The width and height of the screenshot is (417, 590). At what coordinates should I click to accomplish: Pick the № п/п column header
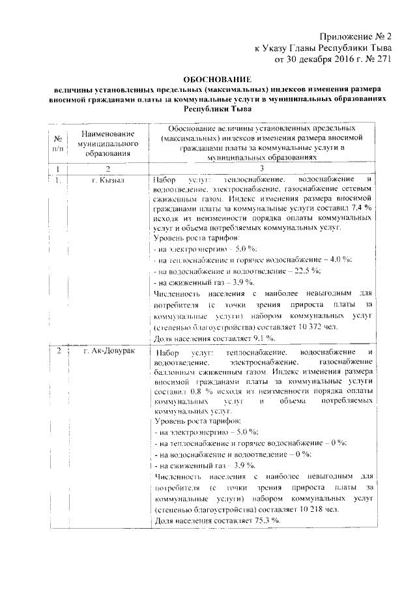[57, 142]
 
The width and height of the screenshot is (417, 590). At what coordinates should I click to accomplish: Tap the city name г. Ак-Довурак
[109, 352]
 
